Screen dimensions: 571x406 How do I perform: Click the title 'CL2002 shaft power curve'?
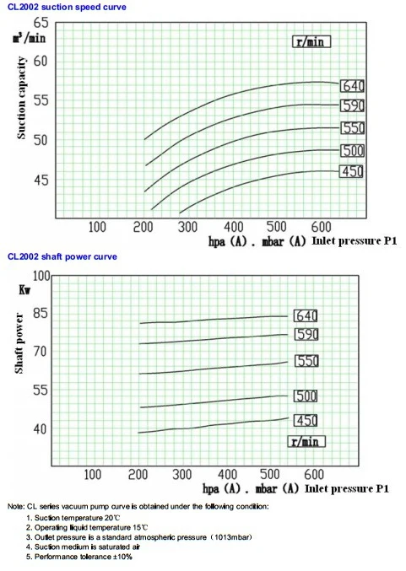point(62,256)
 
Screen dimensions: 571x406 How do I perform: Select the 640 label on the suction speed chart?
point(352,85)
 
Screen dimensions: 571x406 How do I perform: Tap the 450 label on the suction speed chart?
point(351,172)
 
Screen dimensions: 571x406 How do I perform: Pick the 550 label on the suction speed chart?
point(352,128)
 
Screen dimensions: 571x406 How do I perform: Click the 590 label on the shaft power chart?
point(306,335)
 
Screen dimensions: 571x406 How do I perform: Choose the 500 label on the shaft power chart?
point(306,396)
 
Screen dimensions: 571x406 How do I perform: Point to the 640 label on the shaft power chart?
point(306,315)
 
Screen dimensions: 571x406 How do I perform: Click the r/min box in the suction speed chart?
point(311,40)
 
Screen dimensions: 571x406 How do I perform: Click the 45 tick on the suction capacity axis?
point(41,180)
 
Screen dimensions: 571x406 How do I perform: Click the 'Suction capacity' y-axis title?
point(23,98)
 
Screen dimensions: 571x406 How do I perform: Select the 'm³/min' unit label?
point(29,38)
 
